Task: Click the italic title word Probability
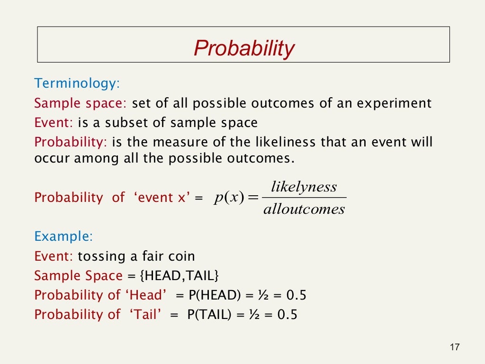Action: pyautogui.click(x=244, y=48)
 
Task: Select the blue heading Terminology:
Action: pyautogui.click(x=77, y=84)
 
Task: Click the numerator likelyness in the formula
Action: pyautogui.click(x=304, y=187)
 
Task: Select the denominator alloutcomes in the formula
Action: pyautogui.click(x=304, y=209)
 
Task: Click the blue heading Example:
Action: pyautogui.click(x=63, y=237)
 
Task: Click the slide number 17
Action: pyautogui.click(x=454, y=347)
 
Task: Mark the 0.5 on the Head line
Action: pyautogui.click(x=296, y=295)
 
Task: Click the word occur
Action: pyautogui.click(x=52, y=158)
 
